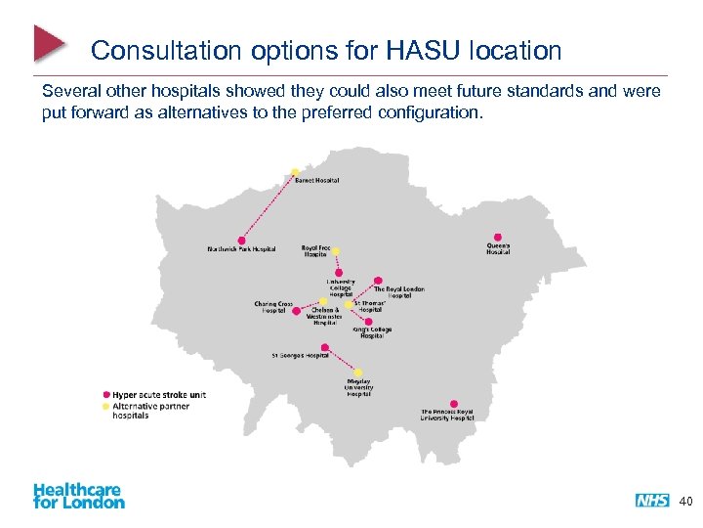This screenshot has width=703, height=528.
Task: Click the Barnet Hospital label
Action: coord(317,180)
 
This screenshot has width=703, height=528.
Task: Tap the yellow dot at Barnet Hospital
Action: coord(295,173)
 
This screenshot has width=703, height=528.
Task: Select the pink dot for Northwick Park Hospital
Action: coord(242,241)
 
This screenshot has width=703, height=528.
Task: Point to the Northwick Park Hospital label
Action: coord(241,249)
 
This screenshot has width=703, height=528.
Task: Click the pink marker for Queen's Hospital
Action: coord(498,237)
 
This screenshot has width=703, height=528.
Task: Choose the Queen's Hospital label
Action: coord(498,248)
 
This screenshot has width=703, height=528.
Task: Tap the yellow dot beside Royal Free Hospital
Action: coord(336,250)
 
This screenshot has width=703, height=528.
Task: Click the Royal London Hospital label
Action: coord(399,291)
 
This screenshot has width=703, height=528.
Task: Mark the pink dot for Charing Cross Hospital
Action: coord(297,312)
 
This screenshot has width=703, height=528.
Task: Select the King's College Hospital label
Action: coord(374,333)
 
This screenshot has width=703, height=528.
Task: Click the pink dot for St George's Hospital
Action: coord(325,347)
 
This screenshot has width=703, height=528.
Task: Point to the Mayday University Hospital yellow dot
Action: coord(358,372)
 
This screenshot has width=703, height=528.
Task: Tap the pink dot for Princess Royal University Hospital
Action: coord(453,403)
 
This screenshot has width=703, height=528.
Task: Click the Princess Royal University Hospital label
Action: coord(447,416)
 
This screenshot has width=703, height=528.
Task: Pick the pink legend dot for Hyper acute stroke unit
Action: coord(106,395)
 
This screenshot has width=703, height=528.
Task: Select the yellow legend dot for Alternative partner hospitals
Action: coord(106,406)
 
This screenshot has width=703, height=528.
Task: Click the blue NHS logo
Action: coord(652,501)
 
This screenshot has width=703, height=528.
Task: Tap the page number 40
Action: coord(685,502)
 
